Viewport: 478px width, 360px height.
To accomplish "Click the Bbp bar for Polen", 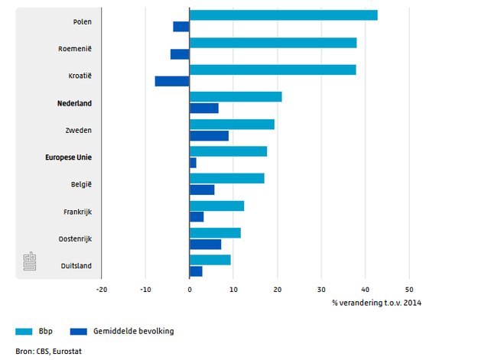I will click(x=283, y=15).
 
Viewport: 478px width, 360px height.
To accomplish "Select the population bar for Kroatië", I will click(x=172, y=81).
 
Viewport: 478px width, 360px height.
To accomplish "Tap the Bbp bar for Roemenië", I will click(x=273, y=43).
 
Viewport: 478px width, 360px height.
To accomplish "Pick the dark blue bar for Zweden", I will click(x=209, y=136).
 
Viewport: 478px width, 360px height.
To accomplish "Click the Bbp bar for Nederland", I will click(x=236, y=96).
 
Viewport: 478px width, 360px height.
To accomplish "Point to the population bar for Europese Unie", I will click(x=193, y=163).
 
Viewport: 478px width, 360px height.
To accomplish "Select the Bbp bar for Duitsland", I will click(x=210, y=260).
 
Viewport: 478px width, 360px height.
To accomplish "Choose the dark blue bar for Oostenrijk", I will click(x=205, y=245).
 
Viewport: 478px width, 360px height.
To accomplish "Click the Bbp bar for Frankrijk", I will click(x=216, y=206).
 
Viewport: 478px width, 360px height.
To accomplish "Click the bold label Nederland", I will click(x=75, y=102).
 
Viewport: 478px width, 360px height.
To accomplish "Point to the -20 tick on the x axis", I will click(x=102, y=290).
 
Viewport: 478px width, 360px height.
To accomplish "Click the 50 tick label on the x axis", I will click(x=409, y=290).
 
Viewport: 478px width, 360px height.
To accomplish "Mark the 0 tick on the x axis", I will click(x=190, y=290).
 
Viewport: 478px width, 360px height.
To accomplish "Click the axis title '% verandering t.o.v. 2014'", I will click(x=376, y=303).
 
